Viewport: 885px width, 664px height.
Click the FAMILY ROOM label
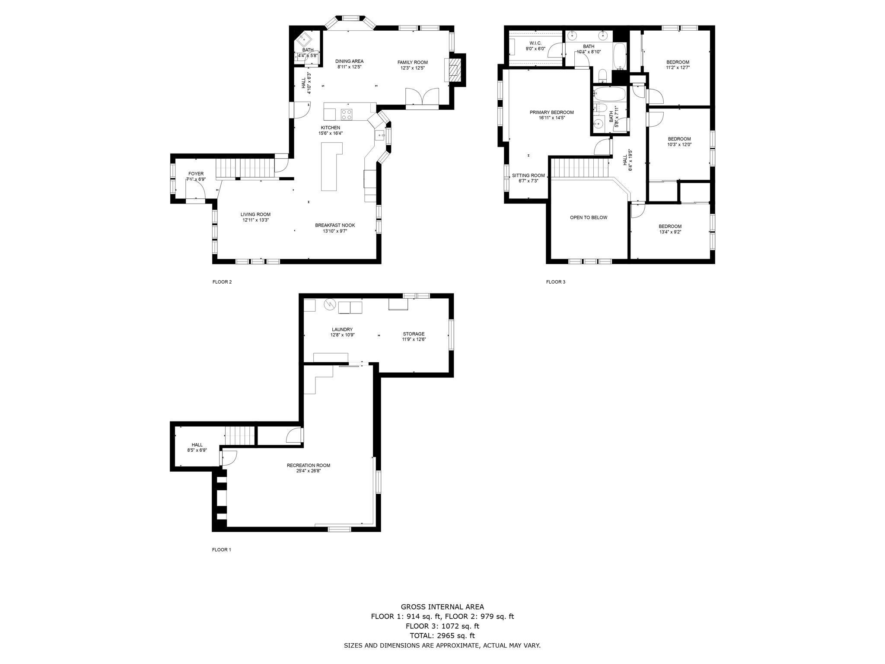(x=412, y=62)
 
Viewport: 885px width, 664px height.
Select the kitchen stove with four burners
(x=347, y=114)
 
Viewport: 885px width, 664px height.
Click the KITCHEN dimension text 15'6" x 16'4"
(x=330, y=133)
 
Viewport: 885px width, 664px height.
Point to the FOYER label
(x=196, y=174)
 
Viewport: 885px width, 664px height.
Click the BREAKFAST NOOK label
(x=334, y=225)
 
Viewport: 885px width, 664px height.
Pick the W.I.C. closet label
(x=535, y=43)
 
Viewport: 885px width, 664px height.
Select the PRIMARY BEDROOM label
(x=551, y=112)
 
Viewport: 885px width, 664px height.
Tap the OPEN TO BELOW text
(x=588, y=217)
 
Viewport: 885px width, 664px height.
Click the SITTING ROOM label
(x=528, y=176)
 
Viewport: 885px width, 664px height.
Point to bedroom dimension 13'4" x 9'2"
(x=670, y=232)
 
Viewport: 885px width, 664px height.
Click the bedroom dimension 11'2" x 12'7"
(x=678, y=67)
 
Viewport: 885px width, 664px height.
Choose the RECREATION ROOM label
(x=308, y=465)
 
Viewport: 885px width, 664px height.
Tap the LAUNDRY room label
(x=342, y=329)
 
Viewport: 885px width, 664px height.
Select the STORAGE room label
(x=414, y=334)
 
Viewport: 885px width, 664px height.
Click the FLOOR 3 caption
(x=555, y=282)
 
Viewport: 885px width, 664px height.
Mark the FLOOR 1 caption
(x=221, y=550)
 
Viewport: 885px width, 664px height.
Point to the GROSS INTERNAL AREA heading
(x=442, y=607)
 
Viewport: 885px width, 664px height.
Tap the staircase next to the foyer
(x=245, y=168)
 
